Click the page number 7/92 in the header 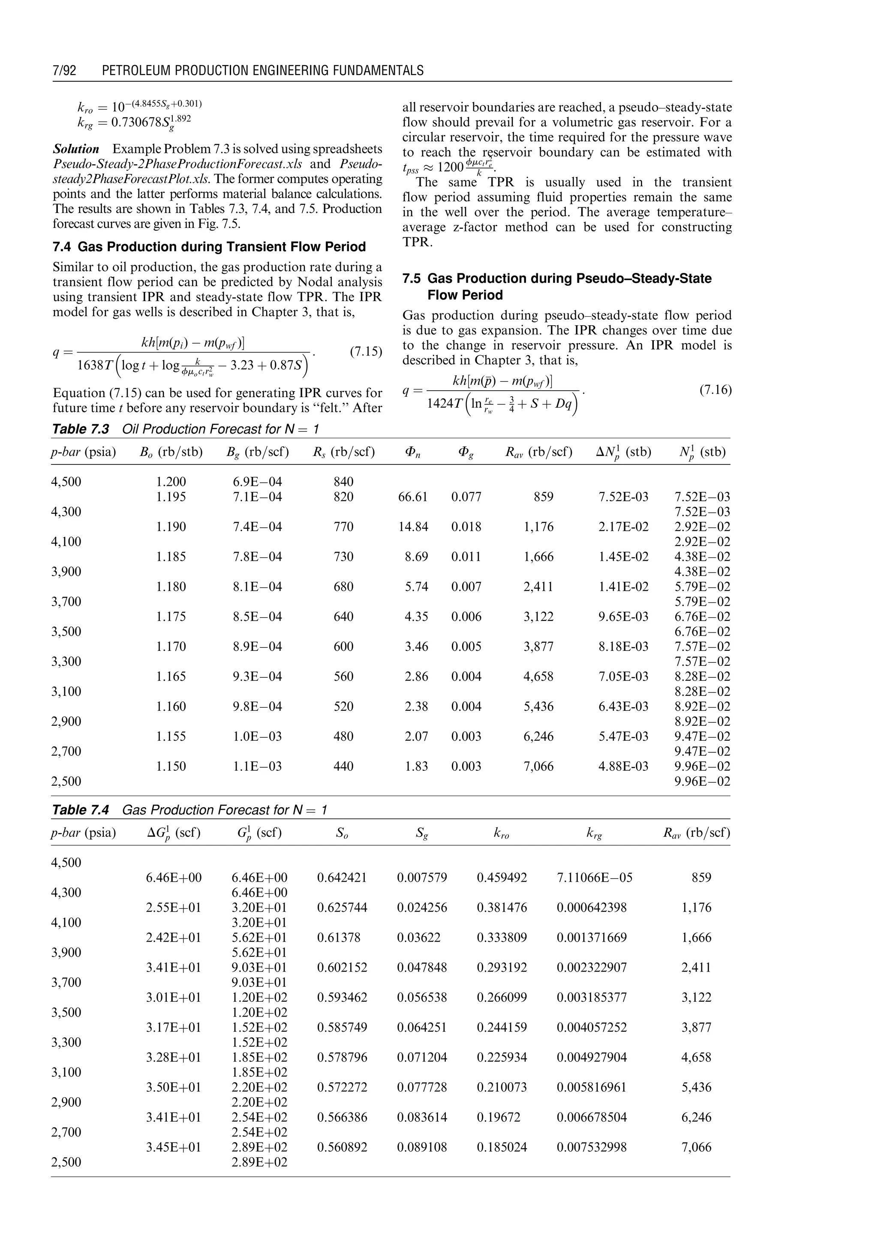(64, 71)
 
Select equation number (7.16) (715, 389)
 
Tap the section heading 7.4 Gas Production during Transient (209, 247)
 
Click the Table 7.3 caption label (80, 430)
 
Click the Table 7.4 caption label (80, 810)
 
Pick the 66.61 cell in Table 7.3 (412, 497)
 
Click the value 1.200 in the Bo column (171, 482)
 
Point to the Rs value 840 (343, 482)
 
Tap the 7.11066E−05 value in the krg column (594, 878)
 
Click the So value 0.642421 (342, 878)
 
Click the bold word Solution (76, 149)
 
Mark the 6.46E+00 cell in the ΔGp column (173, 878)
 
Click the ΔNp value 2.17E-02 (623, 527)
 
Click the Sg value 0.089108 (422, 1147)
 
